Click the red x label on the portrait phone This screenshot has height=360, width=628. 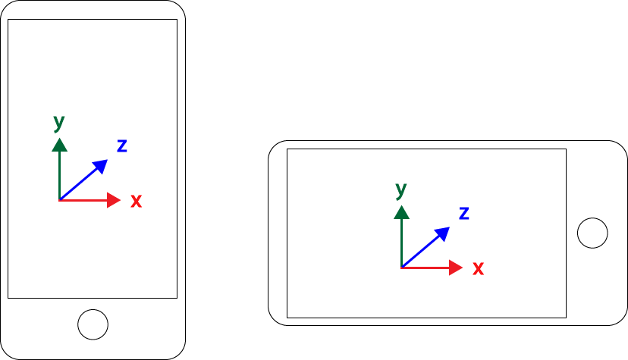tap(137, 201)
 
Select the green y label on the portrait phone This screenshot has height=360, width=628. tap(59, 123)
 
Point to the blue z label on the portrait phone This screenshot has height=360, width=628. tap(122, 146)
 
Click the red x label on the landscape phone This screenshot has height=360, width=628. tap(479, 268)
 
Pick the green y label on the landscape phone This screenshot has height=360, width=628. tap(401, 190)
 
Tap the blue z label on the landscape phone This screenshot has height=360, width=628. tap(463, 213)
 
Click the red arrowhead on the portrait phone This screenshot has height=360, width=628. tap(113, 200)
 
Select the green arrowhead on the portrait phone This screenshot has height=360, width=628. tap(60, 146)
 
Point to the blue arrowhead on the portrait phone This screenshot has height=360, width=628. tap(101, 165)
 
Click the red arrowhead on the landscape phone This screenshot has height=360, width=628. tap(455, 268)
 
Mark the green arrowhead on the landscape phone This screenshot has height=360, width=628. tap(402, 213)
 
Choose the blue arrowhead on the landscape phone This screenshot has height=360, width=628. tap(443, 233)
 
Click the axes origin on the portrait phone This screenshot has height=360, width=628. tap(60, 200)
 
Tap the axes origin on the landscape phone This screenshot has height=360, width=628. tap(402, 268)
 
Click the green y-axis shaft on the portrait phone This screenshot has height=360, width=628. tap(60, 176)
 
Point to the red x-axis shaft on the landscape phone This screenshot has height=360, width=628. tap(425, 268)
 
